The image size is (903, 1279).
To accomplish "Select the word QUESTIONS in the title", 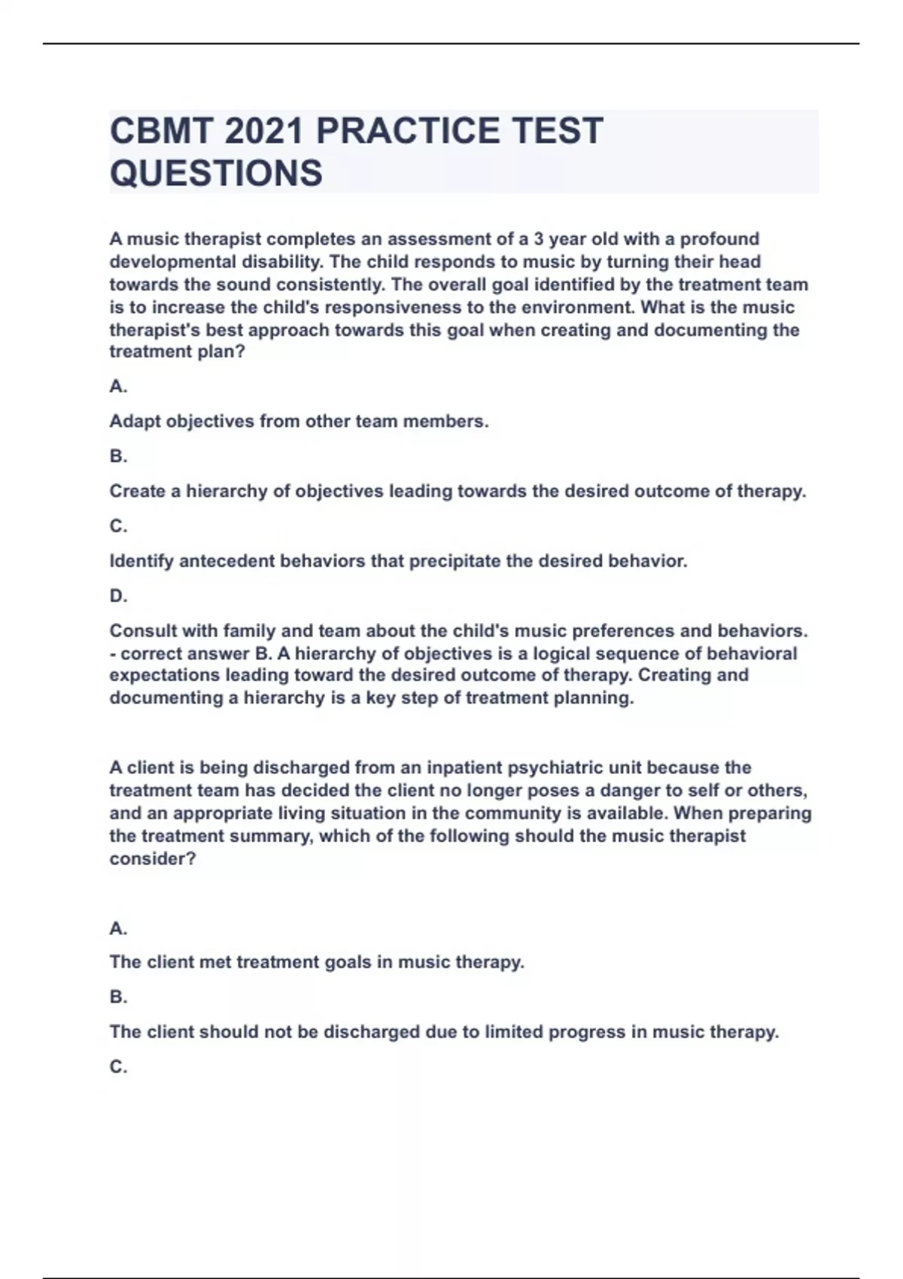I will pos(216,173).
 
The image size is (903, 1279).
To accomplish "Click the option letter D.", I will pos(118,596).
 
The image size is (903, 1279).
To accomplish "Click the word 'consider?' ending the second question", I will pos(153,858).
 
